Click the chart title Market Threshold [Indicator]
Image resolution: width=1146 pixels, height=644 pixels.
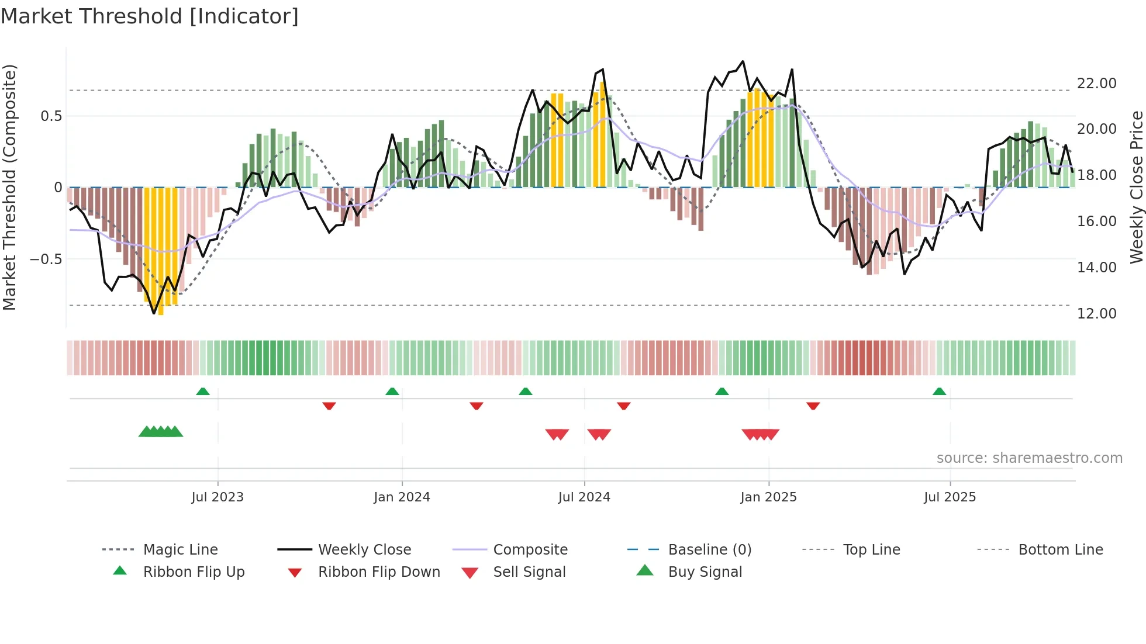tap(150, 16)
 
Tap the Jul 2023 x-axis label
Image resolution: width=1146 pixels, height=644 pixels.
tap(218, 497)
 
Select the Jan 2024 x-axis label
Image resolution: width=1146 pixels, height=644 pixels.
tap(402, 497)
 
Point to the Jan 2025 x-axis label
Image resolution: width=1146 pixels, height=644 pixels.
tap(768, 497)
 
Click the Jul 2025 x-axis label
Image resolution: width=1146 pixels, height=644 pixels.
tap(950, 497)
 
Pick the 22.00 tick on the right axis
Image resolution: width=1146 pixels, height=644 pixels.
tap(1096, 84)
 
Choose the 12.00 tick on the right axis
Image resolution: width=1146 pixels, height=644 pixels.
tap(1096, 314)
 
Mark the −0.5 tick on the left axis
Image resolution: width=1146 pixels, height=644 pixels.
tap(46, 259)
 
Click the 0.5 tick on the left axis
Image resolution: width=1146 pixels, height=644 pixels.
tap(51, 116)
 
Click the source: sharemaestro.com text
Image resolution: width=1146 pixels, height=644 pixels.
tap(1029, 458)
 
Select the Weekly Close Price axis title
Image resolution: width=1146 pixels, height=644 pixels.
tap(1136, 187)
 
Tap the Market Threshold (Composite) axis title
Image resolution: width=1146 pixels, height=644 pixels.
tap(9, 187)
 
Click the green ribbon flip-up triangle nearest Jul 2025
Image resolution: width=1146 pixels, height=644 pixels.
tap(939, 392)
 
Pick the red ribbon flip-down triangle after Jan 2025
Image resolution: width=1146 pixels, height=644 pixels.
tap(813, 406)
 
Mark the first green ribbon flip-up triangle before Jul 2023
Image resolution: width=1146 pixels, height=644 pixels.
tap(202, 392)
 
